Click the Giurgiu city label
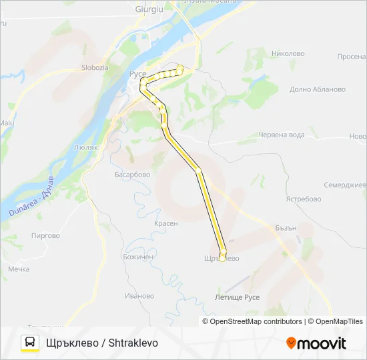click(149, 9)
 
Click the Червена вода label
click(281, 135)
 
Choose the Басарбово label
click(132, 175)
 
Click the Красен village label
click(165, 224)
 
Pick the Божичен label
click(138, 257)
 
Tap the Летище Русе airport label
click(238, 297)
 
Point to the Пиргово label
click(45, 235)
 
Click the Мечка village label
click(19, 269)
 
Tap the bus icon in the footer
click(30, 343)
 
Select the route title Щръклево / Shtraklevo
click(102, 343)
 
